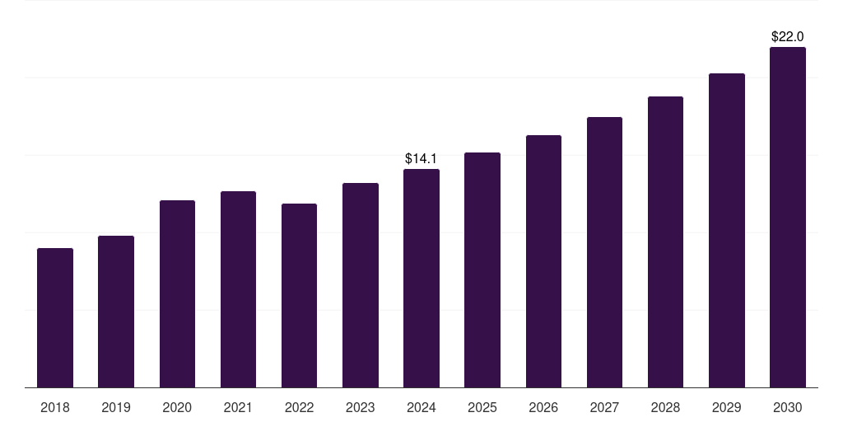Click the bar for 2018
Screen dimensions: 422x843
[55, 318]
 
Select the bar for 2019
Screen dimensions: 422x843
[116, 312]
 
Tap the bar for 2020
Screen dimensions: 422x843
[177, 294]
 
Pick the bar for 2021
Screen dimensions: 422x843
[238, 289]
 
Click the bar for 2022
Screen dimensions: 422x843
[299, 296]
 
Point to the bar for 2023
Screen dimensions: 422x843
[360, 285]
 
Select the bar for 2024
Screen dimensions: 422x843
[421, 279]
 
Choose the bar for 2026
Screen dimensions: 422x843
[543, 261]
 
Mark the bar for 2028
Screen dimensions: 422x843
[665, 242]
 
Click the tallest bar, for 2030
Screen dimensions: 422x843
[787, 218]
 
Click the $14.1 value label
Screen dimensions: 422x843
[421, 158]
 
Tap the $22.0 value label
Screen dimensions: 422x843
[787, 36]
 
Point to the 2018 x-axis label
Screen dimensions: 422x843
[55, 407]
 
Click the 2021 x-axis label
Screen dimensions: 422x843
[238, 407]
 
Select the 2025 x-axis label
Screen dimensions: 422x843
[482, 407]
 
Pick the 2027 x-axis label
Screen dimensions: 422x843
[604, 407]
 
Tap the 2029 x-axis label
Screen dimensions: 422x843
[726, 407]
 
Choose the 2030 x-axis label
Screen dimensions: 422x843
[787, 407]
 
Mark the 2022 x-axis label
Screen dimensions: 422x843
[299, 407]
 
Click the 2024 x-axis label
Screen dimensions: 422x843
[421, 407]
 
